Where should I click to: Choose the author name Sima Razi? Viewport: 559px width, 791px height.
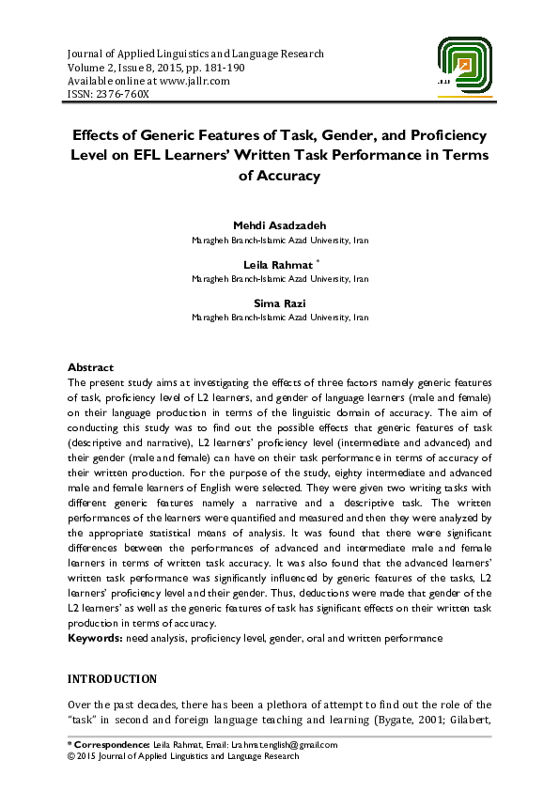pos(279,303)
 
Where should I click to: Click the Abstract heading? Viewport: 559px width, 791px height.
pos(91,367)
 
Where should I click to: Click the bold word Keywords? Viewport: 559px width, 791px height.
pos(93,638)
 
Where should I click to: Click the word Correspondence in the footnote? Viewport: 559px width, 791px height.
pos(112,744)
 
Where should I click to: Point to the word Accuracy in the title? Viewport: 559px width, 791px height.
pos(279,175)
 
